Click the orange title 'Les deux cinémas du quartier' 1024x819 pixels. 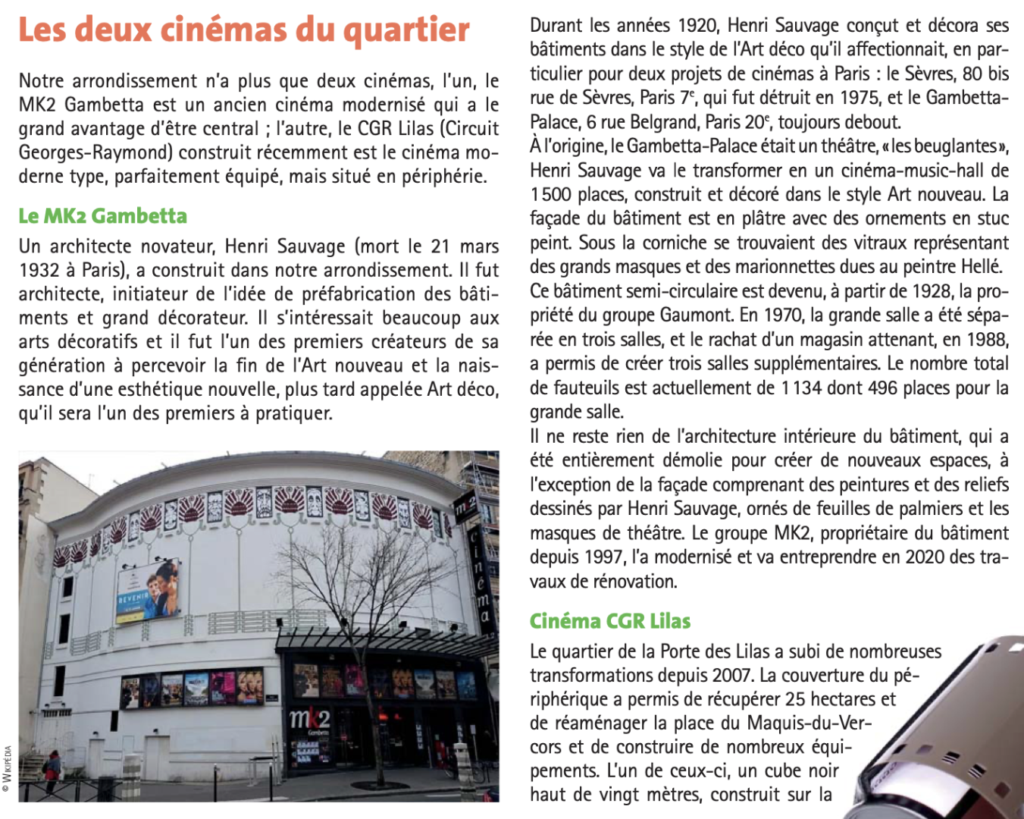pyautogui.click(x=244, y=30)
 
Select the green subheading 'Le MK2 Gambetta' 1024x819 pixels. pyautogui.click(x=103, y=216)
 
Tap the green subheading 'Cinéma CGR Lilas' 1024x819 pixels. pyautogui.click(x=610, y=621)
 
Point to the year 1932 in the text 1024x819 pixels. pyautogui.click(x=38, y=270)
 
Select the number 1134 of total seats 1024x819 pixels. pyautogui.click(x=801, y=388)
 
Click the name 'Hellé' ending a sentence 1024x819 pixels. pyautogui.click(x=983, y=267)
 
